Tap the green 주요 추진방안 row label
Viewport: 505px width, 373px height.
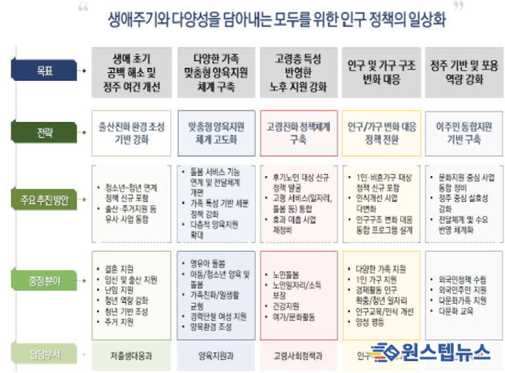coord(47,200)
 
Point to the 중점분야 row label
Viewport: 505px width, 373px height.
coord(47,282)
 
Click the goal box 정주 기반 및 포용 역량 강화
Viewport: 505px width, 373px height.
coord(465,73)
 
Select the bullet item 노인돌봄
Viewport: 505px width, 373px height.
coord(286,275)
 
